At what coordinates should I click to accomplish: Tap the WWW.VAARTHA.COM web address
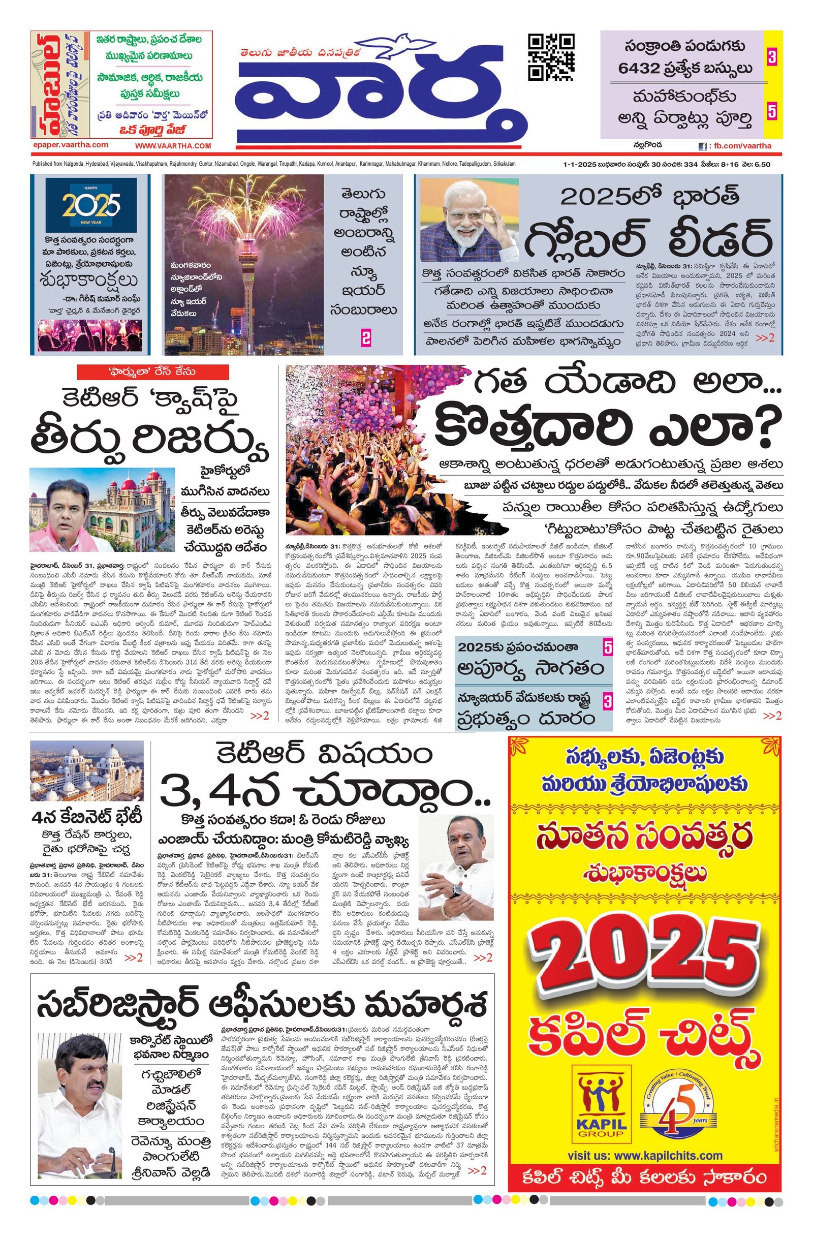[173, 146]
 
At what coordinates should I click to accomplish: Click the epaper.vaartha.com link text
[70, 145]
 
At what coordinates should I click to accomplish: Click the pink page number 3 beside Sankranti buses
[771, 57]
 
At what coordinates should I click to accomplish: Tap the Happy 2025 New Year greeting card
[91, 205]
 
